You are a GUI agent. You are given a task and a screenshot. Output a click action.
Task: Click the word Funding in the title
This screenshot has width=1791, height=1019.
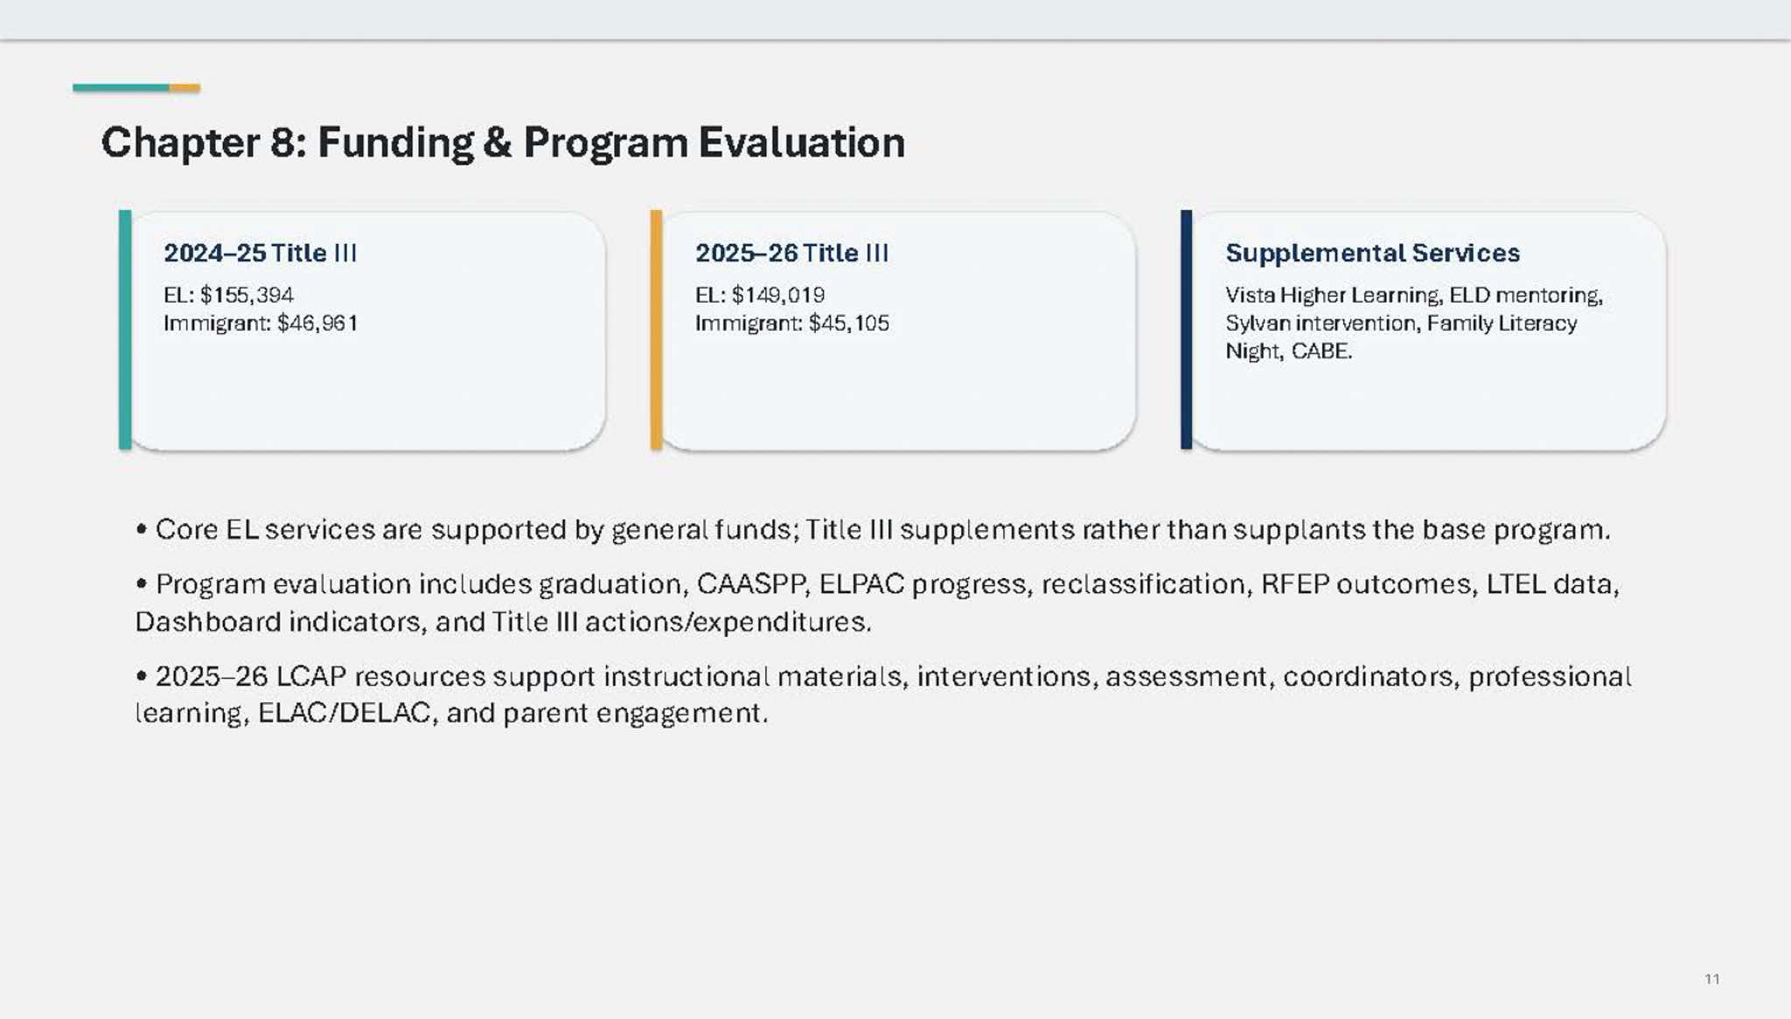click(x=395, y=143)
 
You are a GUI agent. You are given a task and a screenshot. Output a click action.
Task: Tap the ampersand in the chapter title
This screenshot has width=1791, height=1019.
click(x=497, y=143)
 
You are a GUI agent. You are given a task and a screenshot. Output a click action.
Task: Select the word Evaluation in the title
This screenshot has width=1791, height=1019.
click(x=801, y=143)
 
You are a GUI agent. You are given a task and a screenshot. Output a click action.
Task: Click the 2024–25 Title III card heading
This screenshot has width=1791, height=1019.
click(x=261, y=253)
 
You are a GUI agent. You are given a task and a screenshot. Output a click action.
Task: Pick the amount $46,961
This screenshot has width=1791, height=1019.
click(x=317, y=323)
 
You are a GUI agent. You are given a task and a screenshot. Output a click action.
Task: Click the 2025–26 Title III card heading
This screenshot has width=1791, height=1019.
click(x=791, y=253)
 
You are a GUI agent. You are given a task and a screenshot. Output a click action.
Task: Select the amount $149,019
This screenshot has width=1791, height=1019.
click(x=778, y=295)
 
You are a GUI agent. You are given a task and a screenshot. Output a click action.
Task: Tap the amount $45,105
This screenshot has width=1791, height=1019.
click(x=848, y=323)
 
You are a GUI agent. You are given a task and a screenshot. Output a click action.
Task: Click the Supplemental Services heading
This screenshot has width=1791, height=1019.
click(x=1372, y=253)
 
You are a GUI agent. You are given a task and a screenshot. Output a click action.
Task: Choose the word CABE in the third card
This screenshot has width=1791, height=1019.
click(x=1321, y=351)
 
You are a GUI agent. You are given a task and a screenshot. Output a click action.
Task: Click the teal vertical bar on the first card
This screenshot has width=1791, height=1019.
click(x=125, y=330)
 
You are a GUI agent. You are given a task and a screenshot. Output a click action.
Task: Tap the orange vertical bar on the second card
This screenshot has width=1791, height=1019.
click(x=656, y=330)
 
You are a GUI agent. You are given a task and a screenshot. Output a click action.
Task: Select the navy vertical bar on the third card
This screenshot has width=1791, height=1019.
click(x=1186, y=330)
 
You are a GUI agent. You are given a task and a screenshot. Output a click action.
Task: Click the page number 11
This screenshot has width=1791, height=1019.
click(x=1711, y=979)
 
